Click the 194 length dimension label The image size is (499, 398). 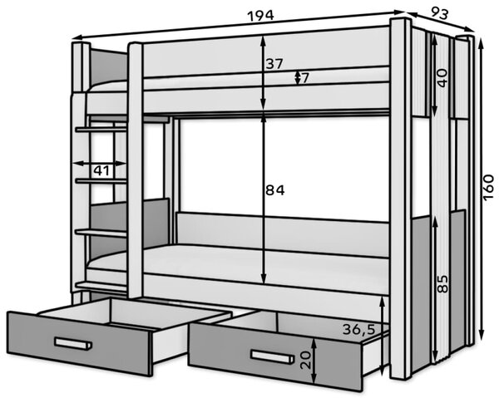(x=260, y=15)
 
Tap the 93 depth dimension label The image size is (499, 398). (x=439, y=13)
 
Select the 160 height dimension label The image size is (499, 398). (x=488, y=188)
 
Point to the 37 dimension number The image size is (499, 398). (x=274, y=64)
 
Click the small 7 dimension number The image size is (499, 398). (x=304, y=78)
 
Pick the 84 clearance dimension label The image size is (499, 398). (x=275, y=190)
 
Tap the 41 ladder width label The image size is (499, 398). (x=101, y=170)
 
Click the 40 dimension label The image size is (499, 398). (x=442, y=77)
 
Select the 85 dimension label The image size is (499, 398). (x=442, y=283)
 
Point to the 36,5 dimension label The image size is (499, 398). (x=359, y=329)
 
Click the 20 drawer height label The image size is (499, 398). (x=305, y=360)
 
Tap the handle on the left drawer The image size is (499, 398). (x=73, y=343)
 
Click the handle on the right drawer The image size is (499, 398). (x=272, y=356)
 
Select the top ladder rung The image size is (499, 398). (x=101, y=129)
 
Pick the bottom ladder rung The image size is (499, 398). (x=101, y=286)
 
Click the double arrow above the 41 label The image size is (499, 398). (x=100, y=164)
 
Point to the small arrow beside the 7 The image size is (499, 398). (x=297, y=78)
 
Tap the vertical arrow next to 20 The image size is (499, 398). (x=314, y=361)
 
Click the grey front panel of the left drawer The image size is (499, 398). (x=79, y=343)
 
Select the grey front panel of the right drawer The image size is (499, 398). (x=275, y=356)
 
